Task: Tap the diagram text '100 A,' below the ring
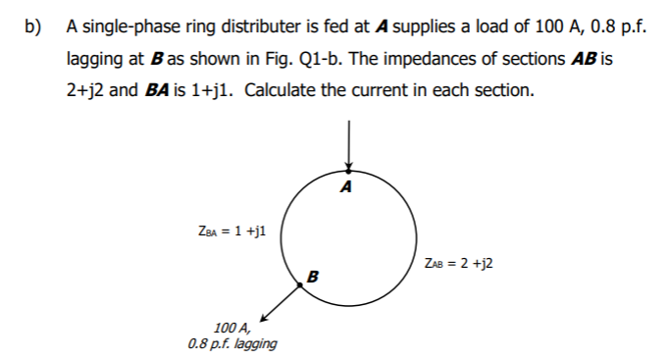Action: click(x=232, y=328)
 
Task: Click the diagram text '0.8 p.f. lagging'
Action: click(x=232, y=343)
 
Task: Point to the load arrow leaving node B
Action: click(x=281, y=303)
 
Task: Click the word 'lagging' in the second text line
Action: click(x=95, y=59)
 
